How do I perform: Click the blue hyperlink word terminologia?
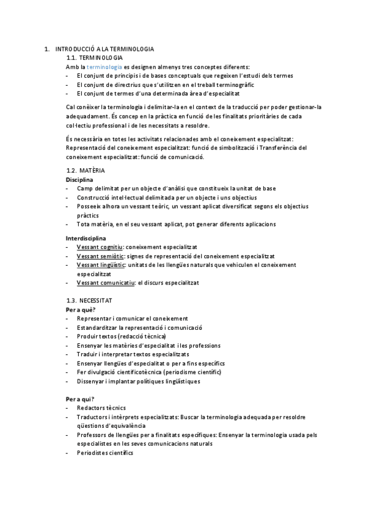[104, 66]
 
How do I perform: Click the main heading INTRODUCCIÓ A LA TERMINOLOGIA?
[104, 48]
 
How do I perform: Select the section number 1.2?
[72, 170]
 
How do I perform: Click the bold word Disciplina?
[79, 180]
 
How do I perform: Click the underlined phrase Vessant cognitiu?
[100, 246]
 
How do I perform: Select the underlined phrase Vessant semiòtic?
[100, 255]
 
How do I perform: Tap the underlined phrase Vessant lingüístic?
[101, 264]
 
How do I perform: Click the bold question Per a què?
[81, 310]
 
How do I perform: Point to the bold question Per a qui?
[80, 399]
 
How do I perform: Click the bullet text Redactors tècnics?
[101, 408]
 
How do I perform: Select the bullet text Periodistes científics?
[104, 453]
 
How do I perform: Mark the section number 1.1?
[72, 57]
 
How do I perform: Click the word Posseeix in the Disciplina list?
[89, 206]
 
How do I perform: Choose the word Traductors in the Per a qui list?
[92, 417]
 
